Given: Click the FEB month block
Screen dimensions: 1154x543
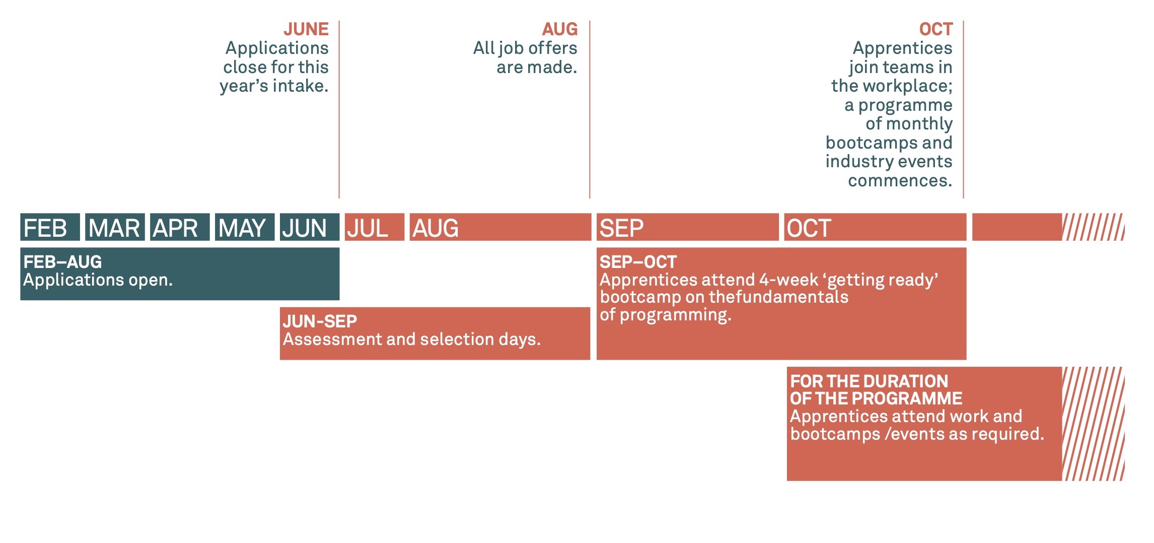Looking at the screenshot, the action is click(50, 227).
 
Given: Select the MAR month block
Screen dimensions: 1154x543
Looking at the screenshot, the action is click(115, 227).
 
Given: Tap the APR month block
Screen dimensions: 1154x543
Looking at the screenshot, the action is click(180, 227).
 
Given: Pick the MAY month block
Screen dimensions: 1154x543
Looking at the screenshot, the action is click(245, 227).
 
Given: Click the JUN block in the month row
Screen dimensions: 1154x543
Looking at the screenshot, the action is click(310, 227).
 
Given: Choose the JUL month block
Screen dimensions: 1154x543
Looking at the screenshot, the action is click(375, 227).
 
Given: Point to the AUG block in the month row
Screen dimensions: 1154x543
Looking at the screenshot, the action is click(500, 227).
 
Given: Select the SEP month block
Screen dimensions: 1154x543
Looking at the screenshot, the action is click(688, 227).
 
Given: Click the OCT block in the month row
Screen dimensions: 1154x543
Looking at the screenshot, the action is click(875, 227).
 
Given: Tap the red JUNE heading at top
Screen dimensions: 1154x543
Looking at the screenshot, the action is click(306, 29).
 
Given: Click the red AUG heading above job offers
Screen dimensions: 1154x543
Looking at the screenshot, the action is click(560, 29).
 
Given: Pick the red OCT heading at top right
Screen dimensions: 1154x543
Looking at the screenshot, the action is click(936, 29).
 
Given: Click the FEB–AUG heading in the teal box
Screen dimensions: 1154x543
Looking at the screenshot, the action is click(62, 262).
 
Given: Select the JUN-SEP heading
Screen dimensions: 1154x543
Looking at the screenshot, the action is click(320, 321).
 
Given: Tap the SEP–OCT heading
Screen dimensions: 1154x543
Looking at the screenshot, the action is click(638, 262).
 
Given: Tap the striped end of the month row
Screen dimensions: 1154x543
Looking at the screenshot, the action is click(1093, 227).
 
